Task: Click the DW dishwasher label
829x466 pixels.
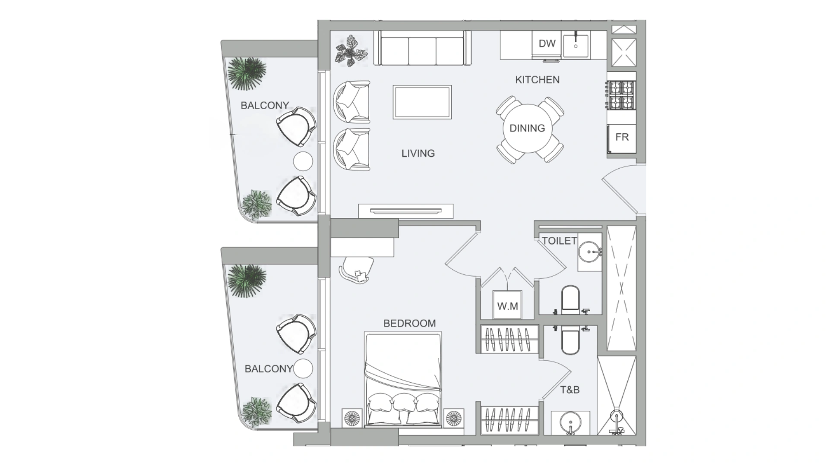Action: coord(547,43)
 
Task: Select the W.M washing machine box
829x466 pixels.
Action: coord(507,305)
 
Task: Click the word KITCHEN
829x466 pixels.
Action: coord(537,80)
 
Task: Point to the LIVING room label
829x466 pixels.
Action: coord(418,153)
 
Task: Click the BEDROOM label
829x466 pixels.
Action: coord(409,323)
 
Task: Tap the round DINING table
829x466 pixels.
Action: coord(527,128)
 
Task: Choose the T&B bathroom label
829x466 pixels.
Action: coord(570,390)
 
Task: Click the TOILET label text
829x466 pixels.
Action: coord(559,241)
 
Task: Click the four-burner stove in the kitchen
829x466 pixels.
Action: coord(621,95)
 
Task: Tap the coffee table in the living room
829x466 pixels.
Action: coord(422,102)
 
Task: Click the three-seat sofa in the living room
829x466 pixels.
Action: coord(422,47)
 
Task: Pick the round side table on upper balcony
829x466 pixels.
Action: coord(303,161)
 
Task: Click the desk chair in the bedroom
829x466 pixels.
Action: coord(357,270)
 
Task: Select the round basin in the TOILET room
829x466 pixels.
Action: coord(590,250)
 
